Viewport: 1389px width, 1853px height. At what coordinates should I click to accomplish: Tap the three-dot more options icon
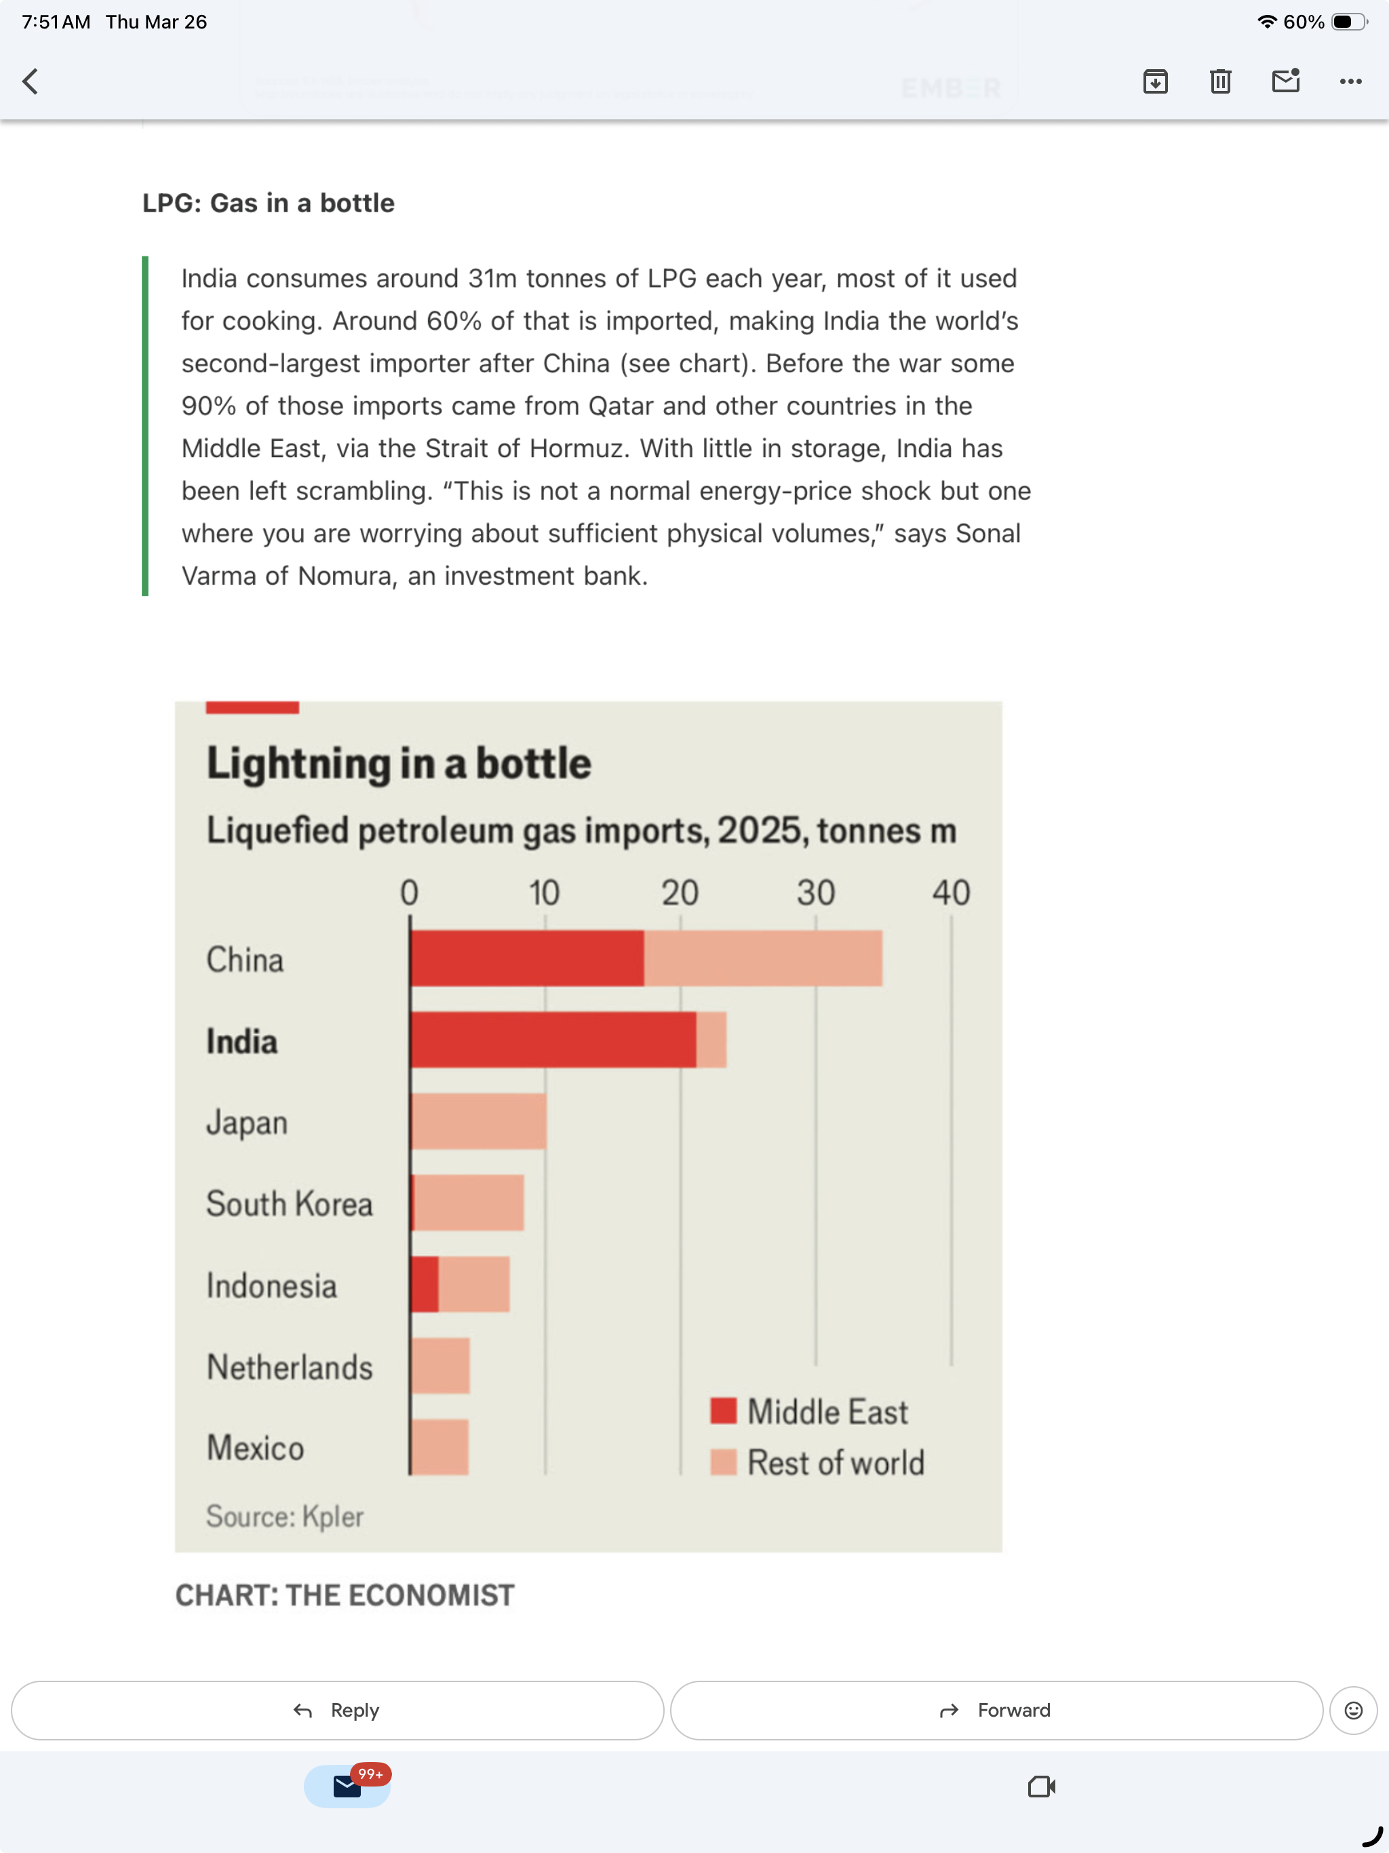click(x=1350, y=81)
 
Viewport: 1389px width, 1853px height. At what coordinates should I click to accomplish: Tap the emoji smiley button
click(x=1352, y=1710)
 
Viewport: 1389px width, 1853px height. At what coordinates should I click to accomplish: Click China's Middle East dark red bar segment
click(x=527, y=958)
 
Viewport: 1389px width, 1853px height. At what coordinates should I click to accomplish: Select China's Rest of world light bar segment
click(x=762, y=958)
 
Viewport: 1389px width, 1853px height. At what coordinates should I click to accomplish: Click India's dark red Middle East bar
click(x=553, y=1039)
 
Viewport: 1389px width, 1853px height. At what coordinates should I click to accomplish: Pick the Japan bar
click(x=478, y=1121)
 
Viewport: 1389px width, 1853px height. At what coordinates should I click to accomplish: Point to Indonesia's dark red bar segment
click(x=425, y=1284)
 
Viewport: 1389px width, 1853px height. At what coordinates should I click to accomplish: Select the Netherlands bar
click(x=441, y=1365)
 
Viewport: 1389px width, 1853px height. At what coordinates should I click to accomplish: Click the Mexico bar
click(x=439, y=1447)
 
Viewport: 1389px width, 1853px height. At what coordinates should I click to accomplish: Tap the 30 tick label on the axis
click(x=815, y=893)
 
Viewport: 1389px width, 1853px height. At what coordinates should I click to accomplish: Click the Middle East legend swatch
click(x=723, y=1411)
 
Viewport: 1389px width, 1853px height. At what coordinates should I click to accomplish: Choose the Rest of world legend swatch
click(x=723, y=1462)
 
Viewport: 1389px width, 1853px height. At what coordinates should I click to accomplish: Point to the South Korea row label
click(x=289, y=1204)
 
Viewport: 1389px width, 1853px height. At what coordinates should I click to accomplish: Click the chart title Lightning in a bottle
click(x=399, y=763)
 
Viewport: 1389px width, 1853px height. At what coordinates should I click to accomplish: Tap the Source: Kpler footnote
click(x=285, y=1516)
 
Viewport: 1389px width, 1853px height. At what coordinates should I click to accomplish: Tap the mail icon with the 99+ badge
click(x=347, y=1786)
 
